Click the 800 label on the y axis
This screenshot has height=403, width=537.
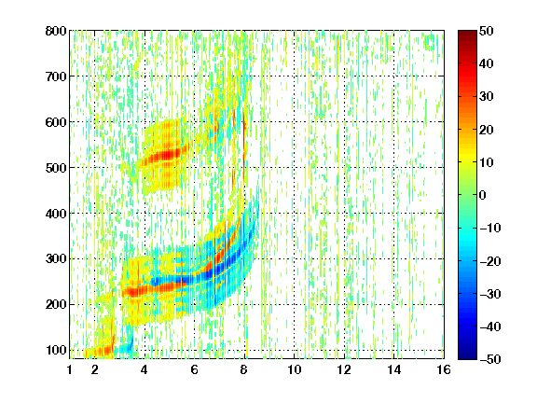tap(56, 31)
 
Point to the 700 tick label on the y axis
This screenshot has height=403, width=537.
tap(56, 76)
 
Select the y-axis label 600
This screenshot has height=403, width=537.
tap(56, 122)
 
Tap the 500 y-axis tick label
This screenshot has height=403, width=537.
tap(56, 168)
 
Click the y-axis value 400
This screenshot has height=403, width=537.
tap(56, 214)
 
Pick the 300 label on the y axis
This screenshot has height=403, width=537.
tap(56, 259)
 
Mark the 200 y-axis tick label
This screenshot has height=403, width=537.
tap(56, 305)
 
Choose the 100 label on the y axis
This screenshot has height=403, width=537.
tap(56, 350)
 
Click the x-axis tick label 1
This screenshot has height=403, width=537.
tap(70, 369)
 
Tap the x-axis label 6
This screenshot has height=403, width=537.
tap(194, 369)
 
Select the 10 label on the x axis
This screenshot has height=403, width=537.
tap(295, 369)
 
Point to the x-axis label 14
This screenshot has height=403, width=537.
tap(393, 369)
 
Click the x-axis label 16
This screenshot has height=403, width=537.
tap(444, 369)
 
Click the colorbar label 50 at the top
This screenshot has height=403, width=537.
tap(487, 31)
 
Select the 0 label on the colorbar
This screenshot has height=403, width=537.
tap(483, 195)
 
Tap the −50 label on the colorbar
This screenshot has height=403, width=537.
tap(490, 359)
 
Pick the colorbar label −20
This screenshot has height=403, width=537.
tap(490, 261)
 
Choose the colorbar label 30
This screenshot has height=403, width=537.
tap(487, 97)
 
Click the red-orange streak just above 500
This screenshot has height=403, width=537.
tap(164, 155)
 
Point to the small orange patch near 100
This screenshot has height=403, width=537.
tap(99, 351)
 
